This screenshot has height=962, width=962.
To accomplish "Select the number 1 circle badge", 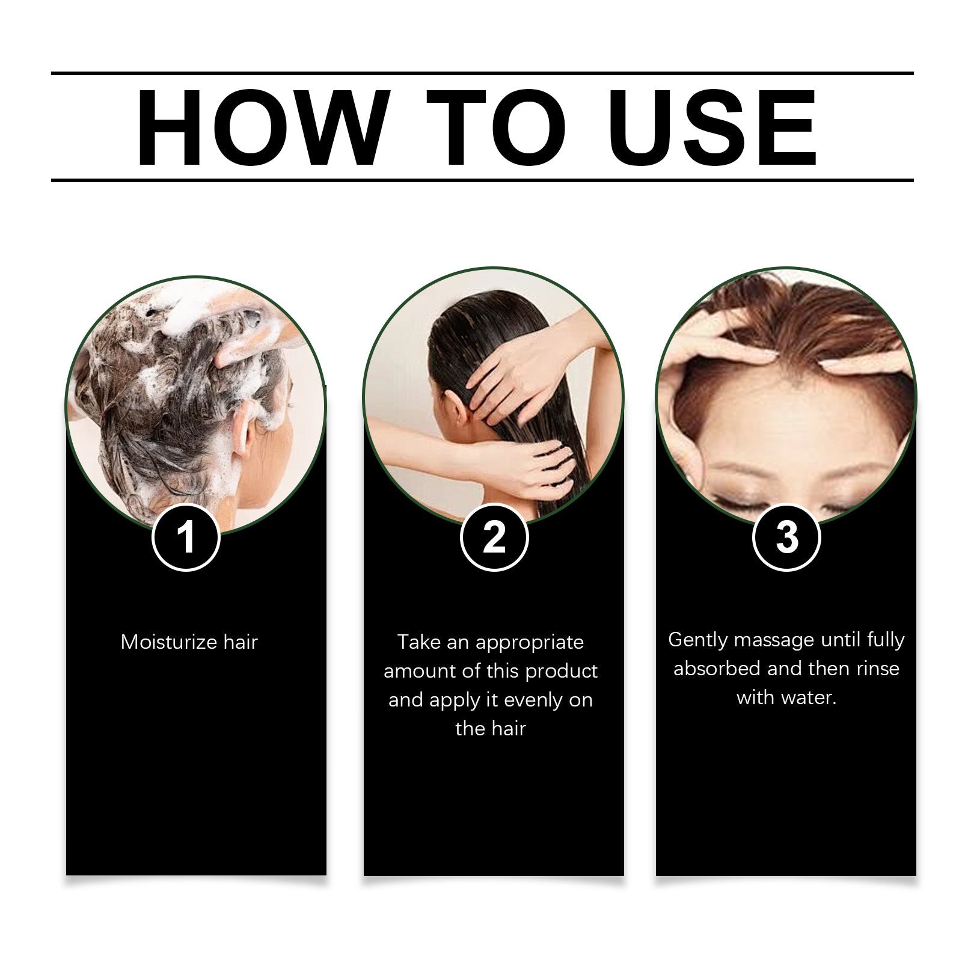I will pyautogui.click(x=186, y=537).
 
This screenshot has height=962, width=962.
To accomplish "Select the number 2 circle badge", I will pyautogui.click(x=494, y=537).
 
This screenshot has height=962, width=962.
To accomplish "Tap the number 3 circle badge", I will pyautogui.click(x=786, y=537).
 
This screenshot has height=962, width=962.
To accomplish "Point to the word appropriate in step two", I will pyautogui.click(x=529, y=643).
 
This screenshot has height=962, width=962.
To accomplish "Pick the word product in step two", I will pyautogui.click(x=561, y=671).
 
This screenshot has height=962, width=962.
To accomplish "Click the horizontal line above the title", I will pyautogui.click(x=481, y=73).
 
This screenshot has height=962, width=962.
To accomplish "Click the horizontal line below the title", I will pyautogui.click(x=481, y=180).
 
